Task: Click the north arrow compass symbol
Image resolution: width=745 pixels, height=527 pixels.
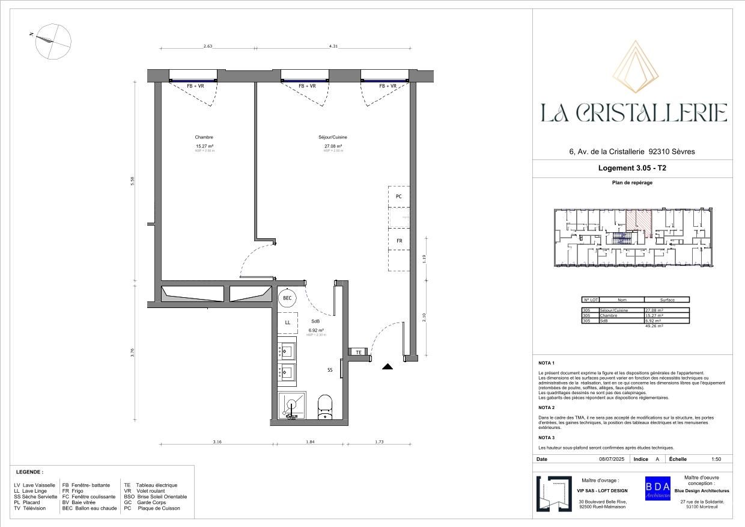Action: [53, 41]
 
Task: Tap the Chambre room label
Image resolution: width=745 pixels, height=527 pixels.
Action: [204, 137]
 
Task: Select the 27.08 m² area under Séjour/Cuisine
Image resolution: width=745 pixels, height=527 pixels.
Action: [333, 146]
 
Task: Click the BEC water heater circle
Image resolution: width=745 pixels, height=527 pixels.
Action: [287, 298]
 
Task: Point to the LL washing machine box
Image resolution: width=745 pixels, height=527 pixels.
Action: [287, 323]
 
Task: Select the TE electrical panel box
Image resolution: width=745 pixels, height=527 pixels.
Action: [359, 352]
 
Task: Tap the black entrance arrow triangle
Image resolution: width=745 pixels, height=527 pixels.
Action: [388, 366]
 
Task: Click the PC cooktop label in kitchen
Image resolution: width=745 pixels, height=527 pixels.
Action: [398, 197]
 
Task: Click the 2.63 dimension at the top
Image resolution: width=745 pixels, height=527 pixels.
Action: [208, 46]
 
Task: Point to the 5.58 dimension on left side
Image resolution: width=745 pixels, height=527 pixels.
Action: [133, 180]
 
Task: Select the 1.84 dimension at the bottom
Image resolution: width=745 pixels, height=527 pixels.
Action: [310, 442]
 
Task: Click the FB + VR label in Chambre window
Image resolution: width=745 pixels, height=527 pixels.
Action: [198, 86]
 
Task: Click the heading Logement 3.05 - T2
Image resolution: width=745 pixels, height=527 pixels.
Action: [633, 169]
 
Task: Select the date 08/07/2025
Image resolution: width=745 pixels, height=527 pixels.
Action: [612, 459]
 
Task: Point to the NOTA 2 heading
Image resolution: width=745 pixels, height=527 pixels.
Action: [546, 408]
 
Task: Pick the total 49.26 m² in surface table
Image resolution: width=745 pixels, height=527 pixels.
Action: [654, 325]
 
